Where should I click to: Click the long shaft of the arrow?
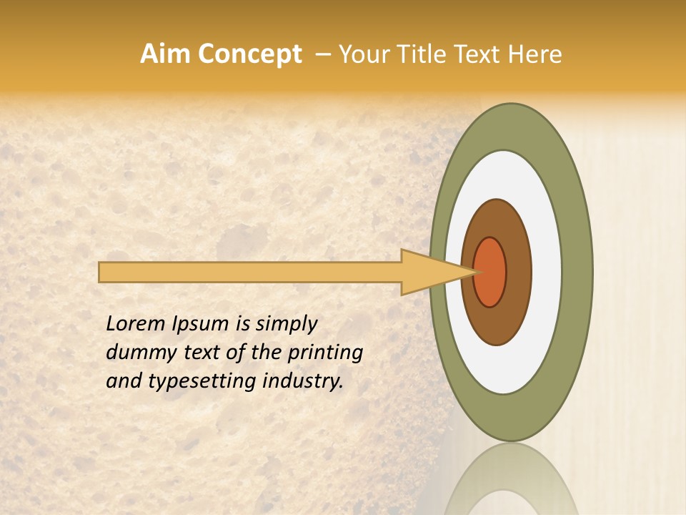(x=250, y=273)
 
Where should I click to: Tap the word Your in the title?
(x=363, y=54)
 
